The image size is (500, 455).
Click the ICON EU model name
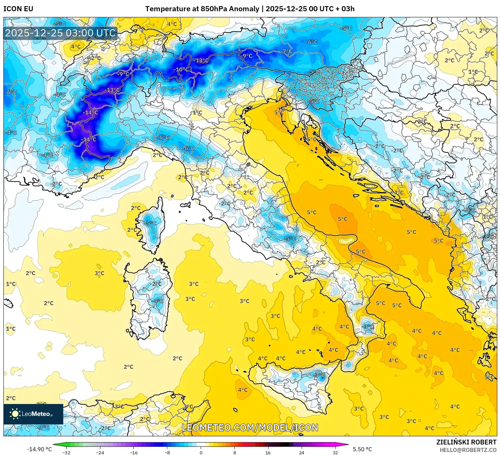pos(18,9)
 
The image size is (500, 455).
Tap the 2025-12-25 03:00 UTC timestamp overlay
pos(61,33)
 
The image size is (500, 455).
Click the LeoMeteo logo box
pos(33,414)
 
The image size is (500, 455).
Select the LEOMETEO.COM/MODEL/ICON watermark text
pos(250,427)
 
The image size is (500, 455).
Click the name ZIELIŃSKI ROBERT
pos(466,442)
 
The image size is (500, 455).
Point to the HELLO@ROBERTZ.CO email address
pos(468,450)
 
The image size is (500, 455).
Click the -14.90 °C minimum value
pos(39,449)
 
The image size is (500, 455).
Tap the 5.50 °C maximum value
pos(362,449)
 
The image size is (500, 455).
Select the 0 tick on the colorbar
pos(201,452)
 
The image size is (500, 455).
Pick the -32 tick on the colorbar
pos(66,452)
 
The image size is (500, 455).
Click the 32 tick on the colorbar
pos(335,452)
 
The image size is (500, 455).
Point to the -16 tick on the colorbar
pos(134,452)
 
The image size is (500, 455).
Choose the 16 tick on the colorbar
pos(268,452)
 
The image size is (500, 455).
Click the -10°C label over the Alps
pos(181,69)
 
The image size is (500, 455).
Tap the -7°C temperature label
pos(287,51)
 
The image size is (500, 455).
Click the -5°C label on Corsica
pos(150,223)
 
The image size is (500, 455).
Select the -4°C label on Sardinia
pos(158,301)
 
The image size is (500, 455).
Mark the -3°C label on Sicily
pos(319,375)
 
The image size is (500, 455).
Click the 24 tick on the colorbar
pos(302,452)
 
